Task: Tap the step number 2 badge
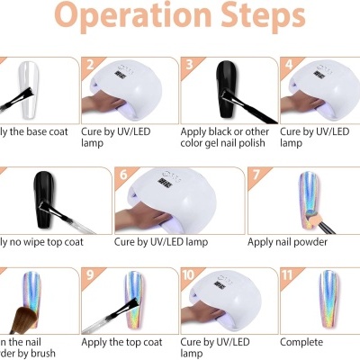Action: pos(89,64)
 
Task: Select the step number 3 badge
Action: pos(189,64)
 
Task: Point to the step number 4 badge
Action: pos(288,64)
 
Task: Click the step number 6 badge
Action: pos(122,174)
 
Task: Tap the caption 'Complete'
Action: pos(301,342)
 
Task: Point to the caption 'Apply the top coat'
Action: pos(122,342)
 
